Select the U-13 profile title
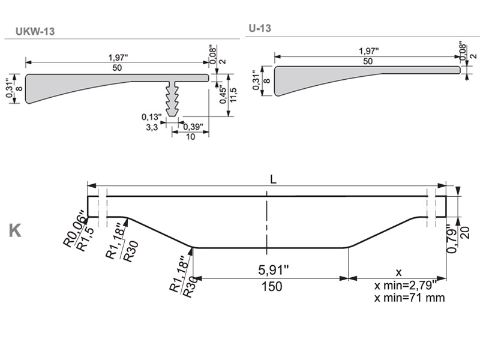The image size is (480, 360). [x=260, y=28]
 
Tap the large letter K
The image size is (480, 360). [x=16, y=230]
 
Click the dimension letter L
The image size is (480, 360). [x=273, y=179]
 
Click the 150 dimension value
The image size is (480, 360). [x=272, y=287]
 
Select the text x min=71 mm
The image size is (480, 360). [x=409, y=297]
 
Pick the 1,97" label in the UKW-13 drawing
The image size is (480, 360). [x=118, y=58]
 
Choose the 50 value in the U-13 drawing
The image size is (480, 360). [x=368, y=61]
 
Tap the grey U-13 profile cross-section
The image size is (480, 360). [x=336, y=78]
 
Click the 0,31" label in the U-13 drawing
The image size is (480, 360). [x=256, y=80]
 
